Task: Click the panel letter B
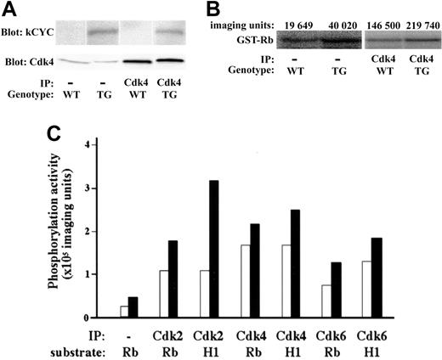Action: [x=236, y=10]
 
